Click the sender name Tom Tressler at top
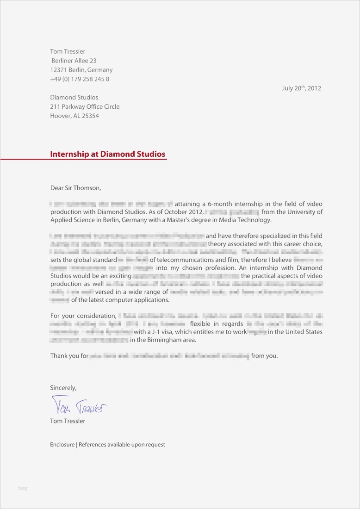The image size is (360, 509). click(68, 51)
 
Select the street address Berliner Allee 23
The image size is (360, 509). click(74, 61)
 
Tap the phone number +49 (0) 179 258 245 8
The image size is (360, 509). click(80, 79)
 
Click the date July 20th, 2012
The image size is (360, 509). click(301, 88)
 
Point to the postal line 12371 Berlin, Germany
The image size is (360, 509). click(81, 70)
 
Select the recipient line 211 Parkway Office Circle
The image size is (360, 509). click(85, 106)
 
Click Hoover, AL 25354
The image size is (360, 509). click(74, 116)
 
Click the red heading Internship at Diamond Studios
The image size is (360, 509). click(107, 154)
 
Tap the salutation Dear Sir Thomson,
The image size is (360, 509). click(75, 188)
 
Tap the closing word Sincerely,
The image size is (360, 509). click(63, 388)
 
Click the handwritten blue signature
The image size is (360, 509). click(79, 406)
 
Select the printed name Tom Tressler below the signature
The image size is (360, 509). click(68, 421)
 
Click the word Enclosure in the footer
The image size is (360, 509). click(62, 445)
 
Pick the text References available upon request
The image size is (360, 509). click(122, 445)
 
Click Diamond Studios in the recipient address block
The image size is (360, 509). click(74, 97)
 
